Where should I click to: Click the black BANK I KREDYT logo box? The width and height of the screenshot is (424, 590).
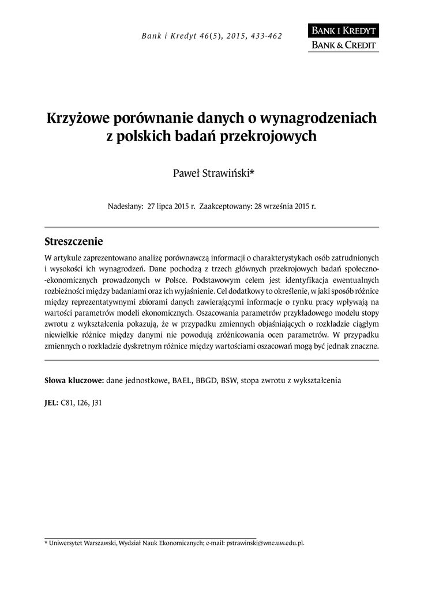coord(344,31)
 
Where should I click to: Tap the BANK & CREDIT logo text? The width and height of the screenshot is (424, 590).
coord(344,45)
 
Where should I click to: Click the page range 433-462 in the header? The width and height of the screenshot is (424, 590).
coord(265,36)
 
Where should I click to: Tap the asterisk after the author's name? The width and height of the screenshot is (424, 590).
coord(251,172)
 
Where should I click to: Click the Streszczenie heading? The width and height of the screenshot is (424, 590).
coord(73,240)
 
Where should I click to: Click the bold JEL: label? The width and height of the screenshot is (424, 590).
coord(51,403)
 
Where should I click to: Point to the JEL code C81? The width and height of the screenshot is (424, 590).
coord(67,403)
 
